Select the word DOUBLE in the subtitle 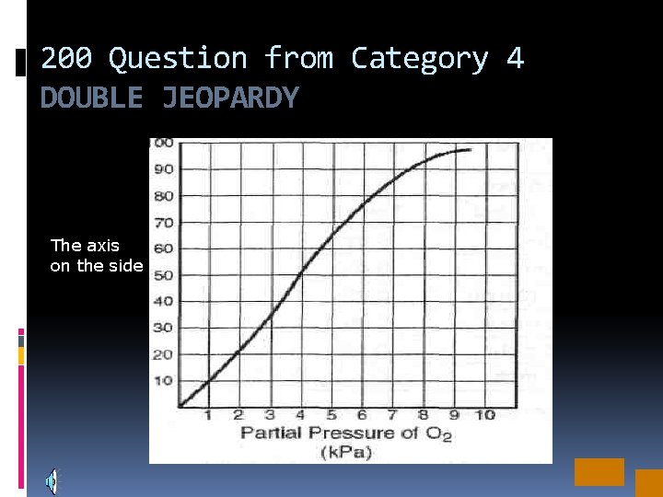92,98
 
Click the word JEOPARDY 230,98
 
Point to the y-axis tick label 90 164,169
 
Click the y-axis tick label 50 164,275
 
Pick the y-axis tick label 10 164,380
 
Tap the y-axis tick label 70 164,223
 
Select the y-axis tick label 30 164,328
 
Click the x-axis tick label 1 208,415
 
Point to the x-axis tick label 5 331,415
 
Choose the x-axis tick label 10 484,415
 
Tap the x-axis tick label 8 423,415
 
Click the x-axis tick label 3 269,415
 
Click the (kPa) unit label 345,452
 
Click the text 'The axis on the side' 97,256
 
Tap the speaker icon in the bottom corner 52,480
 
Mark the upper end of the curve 470,149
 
